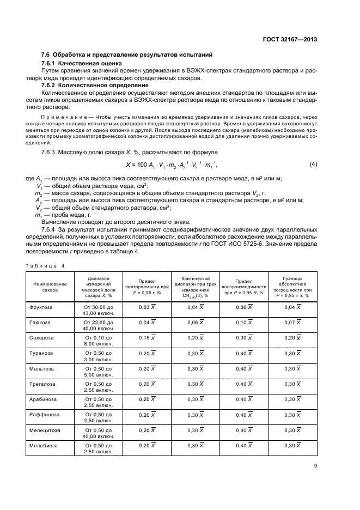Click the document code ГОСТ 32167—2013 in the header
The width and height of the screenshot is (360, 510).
pos(290,39)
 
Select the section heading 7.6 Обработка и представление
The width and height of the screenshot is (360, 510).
pos(127,55)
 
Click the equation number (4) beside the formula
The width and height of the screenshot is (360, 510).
pos(313,164)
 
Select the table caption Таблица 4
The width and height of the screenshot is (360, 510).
pos(45,265)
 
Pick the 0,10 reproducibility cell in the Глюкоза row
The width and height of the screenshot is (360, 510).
pos(244,323)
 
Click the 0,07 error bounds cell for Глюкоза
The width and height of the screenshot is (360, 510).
pos(293,323)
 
